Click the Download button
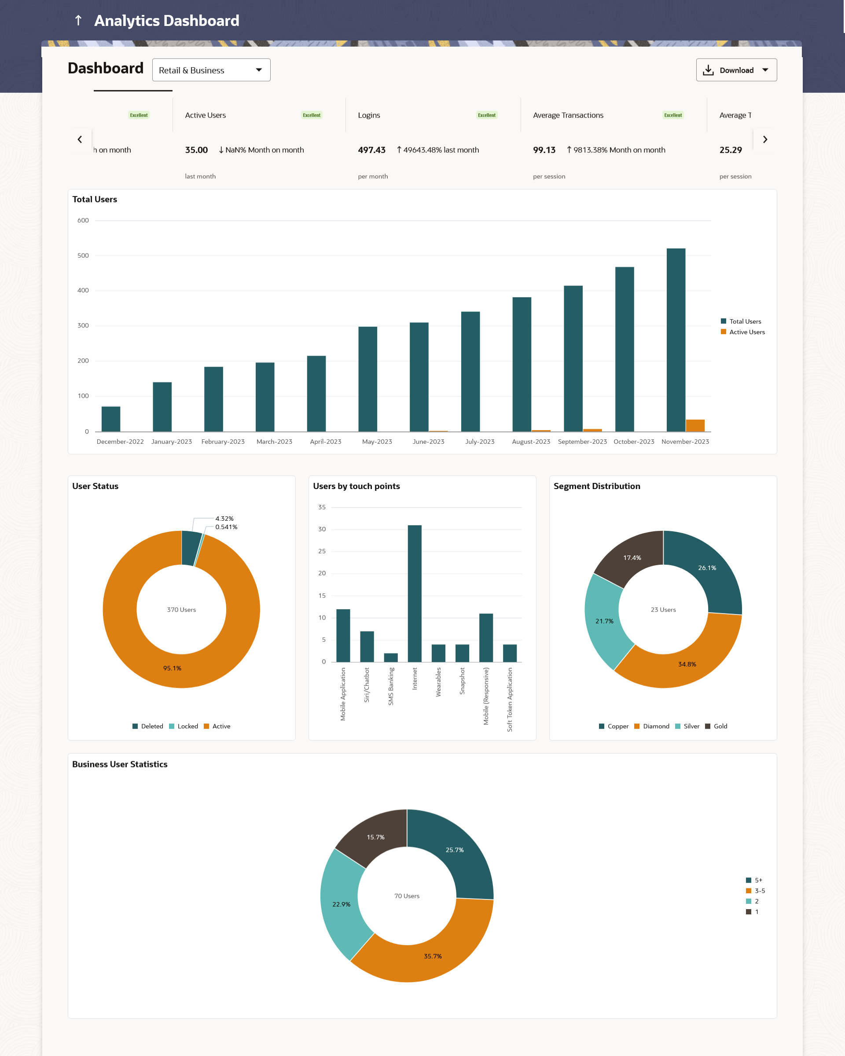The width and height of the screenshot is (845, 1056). [x=736, y=70]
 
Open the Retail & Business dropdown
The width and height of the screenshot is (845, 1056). [x=211, y=70]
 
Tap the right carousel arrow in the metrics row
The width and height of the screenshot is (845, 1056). [x=764, y=139]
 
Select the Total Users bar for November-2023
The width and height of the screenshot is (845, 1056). [x=676, y=340]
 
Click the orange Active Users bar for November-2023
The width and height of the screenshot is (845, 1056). [x=695, y=425]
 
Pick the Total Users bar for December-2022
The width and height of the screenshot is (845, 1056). [x=111, y=419]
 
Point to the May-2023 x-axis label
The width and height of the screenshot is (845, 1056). [x=377, y=442]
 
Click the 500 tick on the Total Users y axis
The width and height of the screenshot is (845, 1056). [x=83, y=256]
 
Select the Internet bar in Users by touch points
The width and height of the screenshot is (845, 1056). [x=415, y=593]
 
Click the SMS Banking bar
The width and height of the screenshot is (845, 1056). [x=391, y=657]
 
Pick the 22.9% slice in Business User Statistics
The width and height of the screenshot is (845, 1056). [x=342, y=904]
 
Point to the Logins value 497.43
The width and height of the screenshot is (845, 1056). [x=371, y=150]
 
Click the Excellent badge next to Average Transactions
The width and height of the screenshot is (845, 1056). [x=672, y=115]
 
